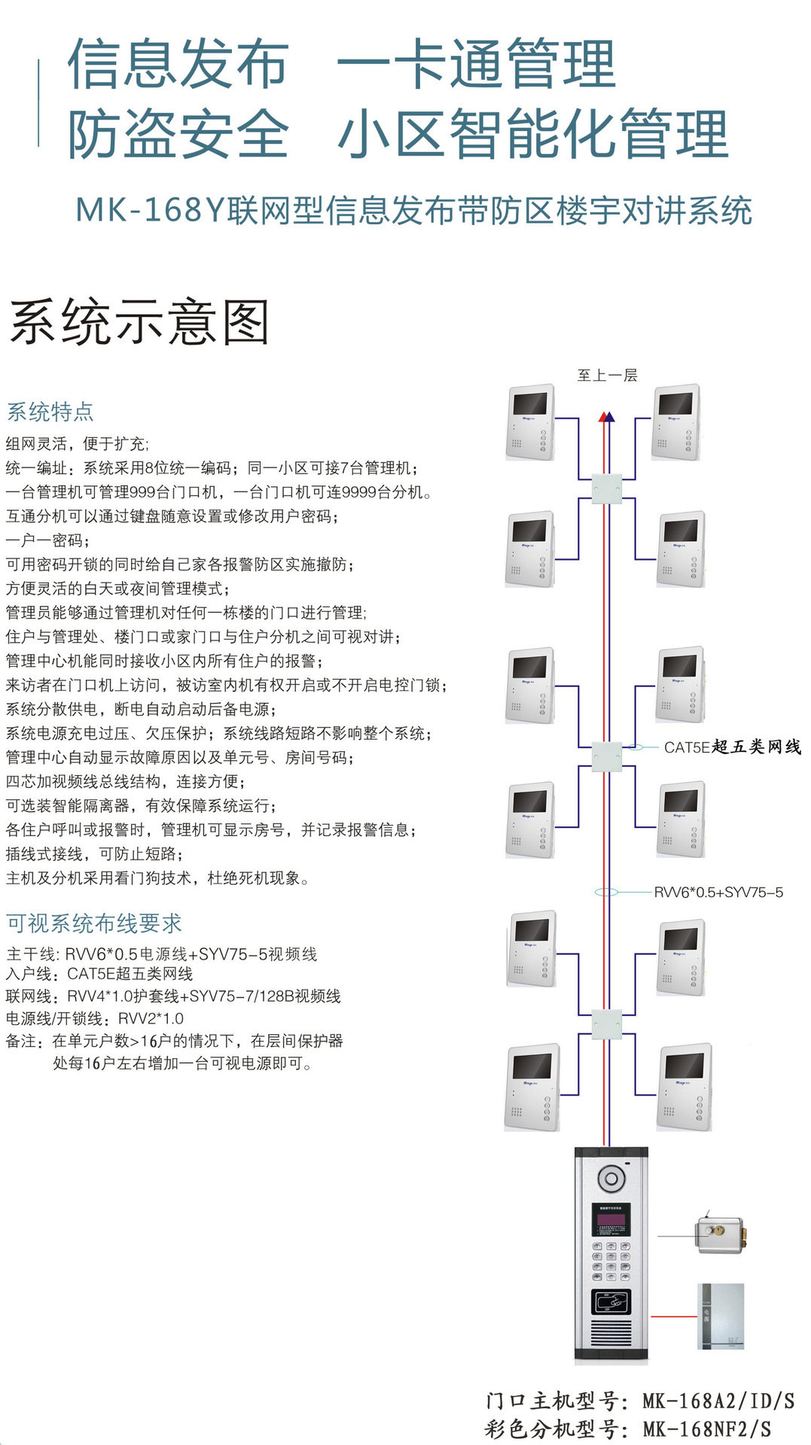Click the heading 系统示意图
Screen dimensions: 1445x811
tap(140, 322)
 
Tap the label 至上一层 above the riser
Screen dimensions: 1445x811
tap(607, 375)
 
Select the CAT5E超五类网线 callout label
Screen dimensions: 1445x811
tap(732, 747)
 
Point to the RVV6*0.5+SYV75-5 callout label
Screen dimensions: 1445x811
tap(718, 892)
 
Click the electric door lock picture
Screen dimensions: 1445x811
tap(721, 1234)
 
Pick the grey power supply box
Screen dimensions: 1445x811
tap(721, 1316)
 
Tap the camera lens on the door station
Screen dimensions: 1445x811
tap(611, 1178)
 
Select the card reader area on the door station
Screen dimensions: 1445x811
tap(611, 1301)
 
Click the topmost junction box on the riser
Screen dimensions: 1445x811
tap(607, 488)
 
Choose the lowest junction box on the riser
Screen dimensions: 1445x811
tap(607, 1024)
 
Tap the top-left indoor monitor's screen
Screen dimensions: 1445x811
tap(530, 403)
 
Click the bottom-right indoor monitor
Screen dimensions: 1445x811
tap(684, 1087)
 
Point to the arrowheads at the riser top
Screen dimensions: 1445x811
tap(606, 416)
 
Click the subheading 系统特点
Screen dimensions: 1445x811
tap(50, 412)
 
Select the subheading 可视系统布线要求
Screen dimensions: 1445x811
tap(94, 923)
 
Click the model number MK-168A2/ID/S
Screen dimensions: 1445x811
tap(718, 1401)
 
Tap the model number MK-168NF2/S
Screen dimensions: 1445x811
tap(707, 1428)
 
